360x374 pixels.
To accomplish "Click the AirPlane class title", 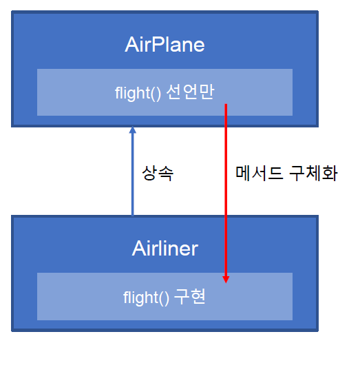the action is pos(165,45).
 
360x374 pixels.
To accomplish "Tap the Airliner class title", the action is pos(165,248).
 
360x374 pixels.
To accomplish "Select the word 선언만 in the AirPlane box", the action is pos(190,92).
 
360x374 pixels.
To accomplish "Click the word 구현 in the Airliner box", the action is pos(189,296).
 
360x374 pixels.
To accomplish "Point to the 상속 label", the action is pos(158,173).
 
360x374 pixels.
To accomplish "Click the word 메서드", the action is pos(260,173).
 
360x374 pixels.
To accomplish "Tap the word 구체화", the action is pos(313,173).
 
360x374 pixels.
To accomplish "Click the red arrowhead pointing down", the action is pos(226,280).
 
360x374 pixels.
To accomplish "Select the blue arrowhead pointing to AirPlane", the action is pos(133,129).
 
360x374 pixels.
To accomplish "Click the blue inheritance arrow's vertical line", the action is pos(133,174).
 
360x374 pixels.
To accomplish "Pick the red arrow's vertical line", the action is pos(226,190).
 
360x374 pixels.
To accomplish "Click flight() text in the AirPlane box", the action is pos(138,93).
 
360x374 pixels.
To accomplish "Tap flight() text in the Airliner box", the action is pos(146,298).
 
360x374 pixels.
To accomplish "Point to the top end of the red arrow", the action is pos(226,104).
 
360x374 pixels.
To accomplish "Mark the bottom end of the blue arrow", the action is pos(133,215).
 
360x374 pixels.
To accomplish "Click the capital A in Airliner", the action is pos(139,248).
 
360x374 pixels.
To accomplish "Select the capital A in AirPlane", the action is pos(132,45).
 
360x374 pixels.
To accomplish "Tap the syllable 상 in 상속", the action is pos(149,173).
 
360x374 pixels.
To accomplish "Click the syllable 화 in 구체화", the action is pos(330,173).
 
